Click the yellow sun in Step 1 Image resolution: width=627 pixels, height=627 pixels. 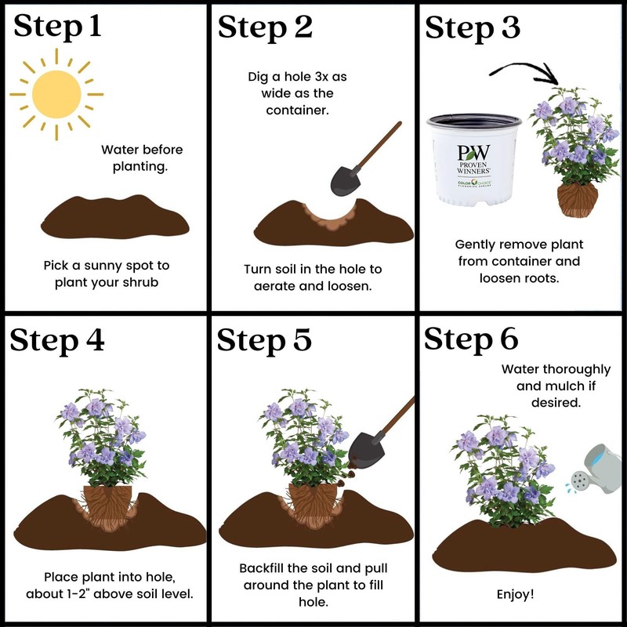pyautogui.click(x=56, y=93)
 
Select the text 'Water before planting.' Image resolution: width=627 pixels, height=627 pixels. pyautogui.click(x=142, y=157)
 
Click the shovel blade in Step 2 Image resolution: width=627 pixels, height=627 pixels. pyautogui.click(x=345, y=180)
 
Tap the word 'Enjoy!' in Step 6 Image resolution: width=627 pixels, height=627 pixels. pyautogui.click(x=516, y=594)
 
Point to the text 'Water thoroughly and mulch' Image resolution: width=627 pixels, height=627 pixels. pyautogui.click(x=549, y=376)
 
